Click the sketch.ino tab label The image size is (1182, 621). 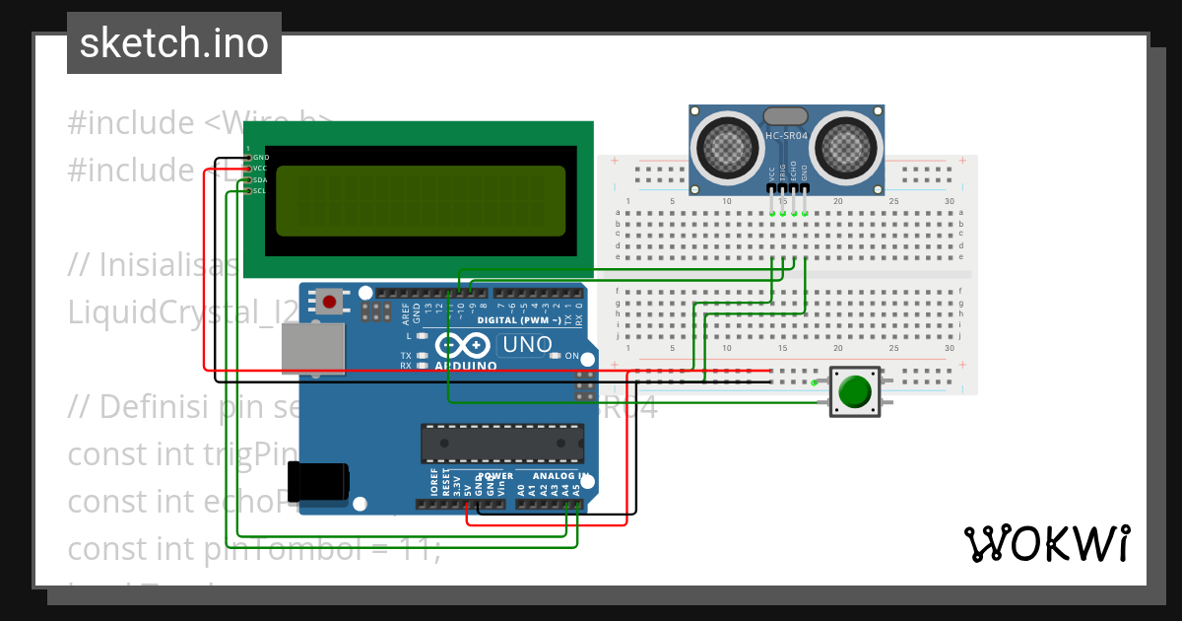173,43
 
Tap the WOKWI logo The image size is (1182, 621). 1046,543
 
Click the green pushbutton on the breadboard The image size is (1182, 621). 854,391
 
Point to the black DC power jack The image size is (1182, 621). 318,480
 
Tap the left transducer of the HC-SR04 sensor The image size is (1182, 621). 730,147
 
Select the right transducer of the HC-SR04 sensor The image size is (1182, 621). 843,147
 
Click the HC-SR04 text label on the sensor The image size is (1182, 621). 786,135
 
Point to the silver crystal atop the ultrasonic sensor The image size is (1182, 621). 786,116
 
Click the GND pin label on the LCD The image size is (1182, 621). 261,158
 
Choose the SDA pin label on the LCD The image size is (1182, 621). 260,179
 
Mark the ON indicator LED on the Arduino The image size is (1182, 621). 557,355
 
